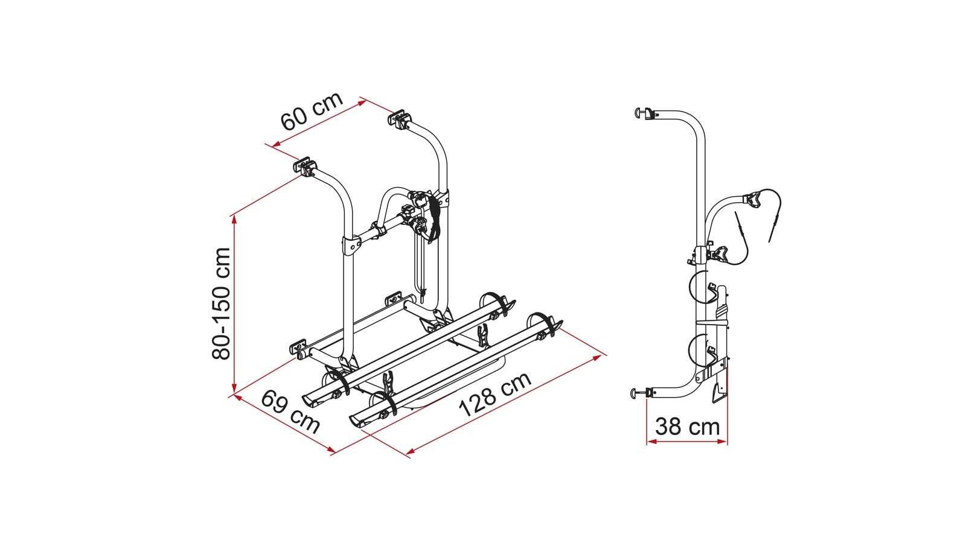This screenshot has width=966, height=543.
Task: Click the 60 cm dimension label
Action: [x=312, y=111]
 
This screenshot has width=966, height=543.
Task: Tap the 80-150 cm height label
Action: [x=221, y=303]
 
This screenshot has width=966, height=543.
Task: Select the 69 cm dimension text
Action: [x=290, y=411]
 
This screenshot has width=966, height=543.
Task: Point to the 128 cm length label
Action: [x=494, y=395]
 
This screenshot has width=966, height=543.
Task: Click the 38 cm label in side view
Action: [x=688, y=427]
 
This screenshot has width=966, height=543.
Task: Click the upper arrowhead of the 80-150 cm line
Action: [x=234, y=220]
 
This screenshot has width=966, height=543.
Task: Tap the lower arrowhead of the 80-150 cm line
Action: [x=234, y=387]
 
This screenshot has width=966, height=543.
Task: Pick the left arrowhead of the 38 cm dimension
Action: [x=651, y=441]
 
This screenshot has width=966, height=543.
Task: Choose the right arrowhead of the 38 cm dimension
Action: [x=722, y=441]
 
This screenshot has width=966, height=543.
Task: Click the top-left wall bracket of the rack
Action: [x=305, y=166]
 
